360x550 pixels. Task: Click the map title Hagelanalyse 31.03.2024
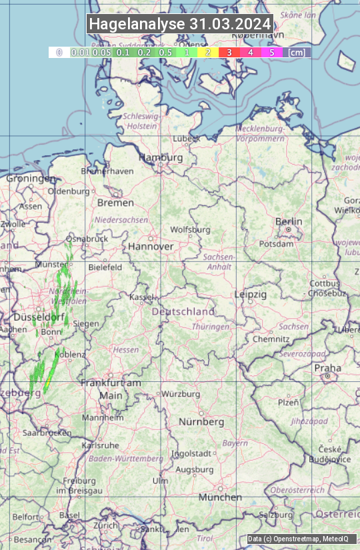pyautogui.click(x=180, y=24)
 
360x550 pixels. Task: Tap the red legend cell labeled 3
pyautogui.click(x=229, y=52)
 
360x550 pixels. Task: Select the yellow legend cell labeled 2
pyautogui.click(x=208, y=52)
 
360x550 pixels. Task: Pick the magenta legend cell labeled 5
pyautogui.click(x=271, y=52)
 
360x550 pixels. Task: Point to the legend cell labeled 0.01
pyautogui.click(x=80, y=52)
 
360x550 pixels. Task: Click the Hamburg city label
pyautogui.click(x=161, y=157)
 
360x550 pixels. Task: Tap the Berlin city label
pyautogui.click(x=289, y=221)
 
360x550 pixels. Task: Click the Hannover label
pyautogui.click(x=151, y=246)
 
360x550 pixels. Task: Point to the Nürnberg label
pyautogui.click(x=201, y=422)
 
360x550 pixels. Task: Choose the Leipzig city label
pyautogui.click(x=251, y=294)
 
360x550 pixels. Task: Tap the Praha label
pyautogui.click(x=327, y=367)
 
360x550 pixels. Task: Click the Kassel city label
pyautogui.click(x=142, y=296)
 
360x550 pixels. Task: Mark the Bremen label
pyautogui.click(x=111, y=202)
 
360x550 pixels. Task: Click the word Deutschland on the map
pyautogui.click(x=183, y=311)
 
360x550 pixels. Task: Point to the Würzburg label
pyautogui.click(x=181, y=394)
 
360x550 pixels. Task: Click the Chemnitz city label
pyautogui.click(x=271, y=339)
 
